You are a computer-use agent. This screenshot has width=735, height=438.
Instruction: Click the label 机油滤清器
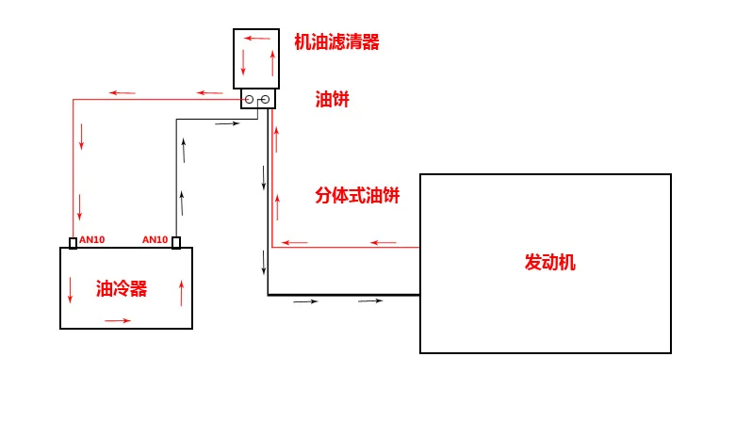(336, 41)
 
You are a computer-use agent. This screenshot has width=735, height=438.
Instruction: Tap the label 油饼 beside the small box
(332, 99)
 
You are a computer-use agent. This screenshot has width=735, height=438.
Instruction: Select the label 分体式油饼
(357, 195)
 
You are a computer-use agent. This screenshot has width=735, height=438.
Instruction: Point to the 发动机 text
(550, 262)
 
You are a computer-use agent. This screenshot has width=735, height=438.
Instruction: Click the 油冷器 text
(122, 288)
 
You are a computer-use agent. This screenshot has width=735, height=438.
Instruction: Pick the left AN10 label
(92, 240)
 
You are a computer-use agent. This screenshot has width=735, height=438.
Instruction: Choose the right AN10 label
(155, 240)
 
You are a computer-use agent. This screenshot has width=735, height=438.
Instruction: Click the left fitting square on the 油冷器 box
(73, 243)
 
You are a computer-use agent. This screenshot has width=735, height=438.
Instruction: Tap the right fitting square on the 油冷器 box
(176, 243)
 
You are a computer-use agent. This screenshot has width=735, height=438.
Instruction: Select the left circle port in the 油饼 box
(250, 99)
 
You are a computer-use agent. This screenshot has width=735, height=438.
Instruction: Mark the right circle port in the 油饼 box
(266, 99)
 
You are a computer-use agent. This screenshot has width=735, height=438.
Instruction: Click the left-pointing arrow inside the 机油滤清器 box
(257, 38)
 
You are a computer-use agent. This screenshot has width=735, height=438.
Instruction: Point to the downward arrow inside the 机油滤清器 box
(243, 61)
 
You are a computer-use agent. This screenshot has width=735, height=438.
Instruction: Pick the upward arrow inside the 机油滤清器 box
(272, 63)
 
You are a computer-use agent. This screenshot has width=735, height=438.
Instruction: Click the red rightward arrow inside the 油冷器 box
(118, 321)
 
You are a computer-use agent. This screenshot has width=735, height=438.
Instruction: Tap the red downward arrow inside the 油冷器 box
(71, 290)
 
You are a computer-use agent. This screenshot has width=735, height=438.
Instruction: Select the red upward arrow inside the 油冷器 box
(182, 293)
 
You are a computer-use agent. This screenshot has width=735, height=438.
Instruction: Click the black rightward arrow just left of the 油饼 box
(227, 123)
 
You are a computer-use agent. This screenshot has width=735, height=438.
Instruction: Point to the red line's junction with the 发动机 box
(419, 247)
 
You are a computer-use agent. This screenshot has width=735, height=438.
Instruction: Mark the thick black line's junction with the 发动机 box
(419, 295)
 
